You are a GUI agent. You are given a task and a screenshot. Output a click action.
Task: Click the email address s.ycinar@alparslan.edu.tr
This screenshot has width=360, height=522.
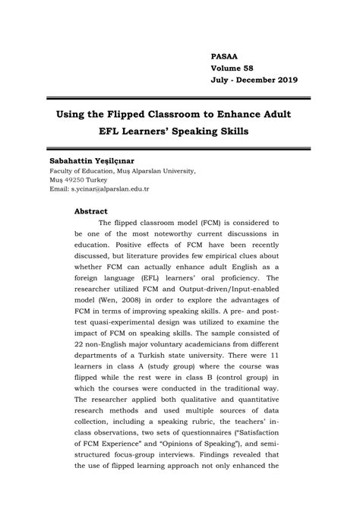click(x=111, y=188)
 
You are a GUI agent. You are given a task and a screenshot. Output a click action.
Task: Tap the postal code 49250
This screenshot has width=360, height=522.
click(x=78, y=179)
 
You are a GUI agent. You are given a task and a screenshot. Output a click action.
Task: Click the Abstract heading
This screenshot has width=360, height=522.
click(x=90, y=210)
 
